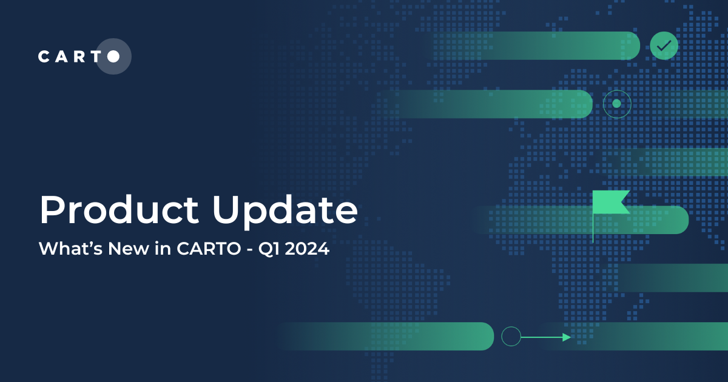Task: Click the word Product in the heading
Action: pos(119,210)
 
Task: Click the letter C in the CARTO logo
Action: pos(44,56)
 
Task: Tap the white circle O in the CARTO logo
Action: pos(113,56)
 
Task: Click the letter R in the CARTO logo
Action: pos(78,56)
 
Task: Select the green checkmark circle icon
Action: pos(664,45)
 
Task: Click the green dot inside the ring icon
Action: pos(617,104)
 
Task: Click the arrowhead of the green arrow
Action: pos(567,337)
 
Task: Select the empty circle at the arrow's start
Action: pos(511,336)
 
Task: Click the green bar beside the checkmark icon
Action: pos(546,45)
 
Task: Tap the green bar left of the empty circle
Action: pos(413,336)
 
